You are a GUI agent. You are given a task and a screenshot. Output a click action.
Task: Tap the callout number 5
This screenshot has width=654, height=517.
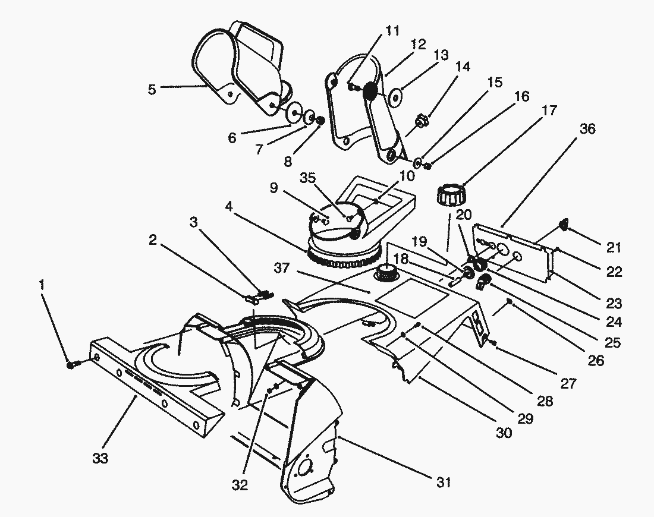click(x=153, y=90)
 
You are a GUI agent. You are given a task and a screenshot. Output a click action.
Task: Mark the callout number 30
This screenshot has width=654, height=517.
click(x=503, y=433)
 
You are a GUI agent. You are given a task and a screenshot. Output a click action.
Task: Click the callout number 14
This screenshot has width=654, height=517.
click(x=463, y=67)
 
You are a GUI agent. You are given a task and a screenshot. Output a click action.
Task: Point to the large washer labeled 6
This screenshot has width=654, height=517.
click(x=294, y=112)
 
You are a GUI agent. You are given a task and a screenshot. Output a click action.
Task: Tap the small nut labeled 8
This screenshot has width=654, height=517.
click(x=319, y=121)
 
